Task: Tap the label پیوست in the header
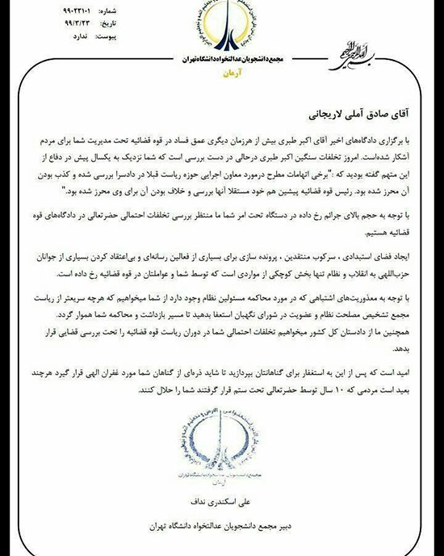[x=114, y=36]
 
